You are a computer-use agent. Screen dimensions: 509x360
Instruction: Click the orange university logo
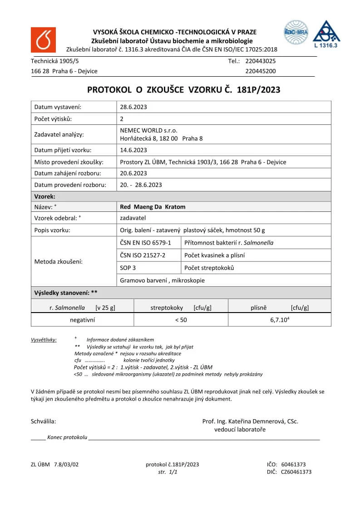click(43, 39)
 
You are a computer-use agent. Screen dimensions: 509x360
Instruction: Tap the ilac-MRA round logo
click(296, 32)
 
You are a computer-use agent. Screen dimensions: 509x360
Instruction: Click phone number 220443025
click(260, 61)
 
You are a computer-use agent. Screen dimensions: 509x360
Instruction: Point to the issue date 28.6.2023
click(133, 107)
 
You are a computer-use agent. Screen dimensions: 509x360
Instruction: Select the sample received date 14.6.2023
click(133, 150)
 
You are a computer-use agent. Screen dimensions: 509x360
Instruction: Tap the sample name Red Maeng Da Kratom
click(153, 206)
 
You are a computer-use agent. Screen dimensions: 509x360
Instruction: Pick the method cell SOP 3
click(128, 268)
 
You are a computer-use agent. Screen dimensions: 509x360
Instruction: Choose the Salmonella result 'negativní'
click(82, 320)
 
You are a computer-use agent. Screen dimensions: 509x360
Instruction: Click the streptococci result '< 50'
click(181, 320)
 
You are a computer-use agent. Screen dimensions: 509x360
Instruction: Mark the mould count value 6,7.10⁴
click(279, 320)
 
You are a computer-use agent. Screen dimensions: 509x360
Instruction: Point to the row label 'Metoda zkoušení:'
click(58, 262)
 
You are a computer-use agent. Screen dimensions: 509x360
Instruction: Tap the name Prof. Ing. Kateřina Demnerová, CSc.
click(250, 421)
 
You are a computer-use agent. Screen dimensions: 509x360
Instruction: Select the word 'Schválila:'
click(44, 421)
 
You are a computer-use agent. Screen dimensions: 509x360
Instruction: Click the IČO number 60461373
click(293, 465)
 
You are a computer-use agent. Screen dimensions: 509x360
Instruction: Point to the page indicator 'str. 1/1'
click(168, 472)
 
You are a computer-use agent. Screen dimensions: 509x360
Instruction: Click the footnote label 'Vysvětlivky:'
click(44, 340)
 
